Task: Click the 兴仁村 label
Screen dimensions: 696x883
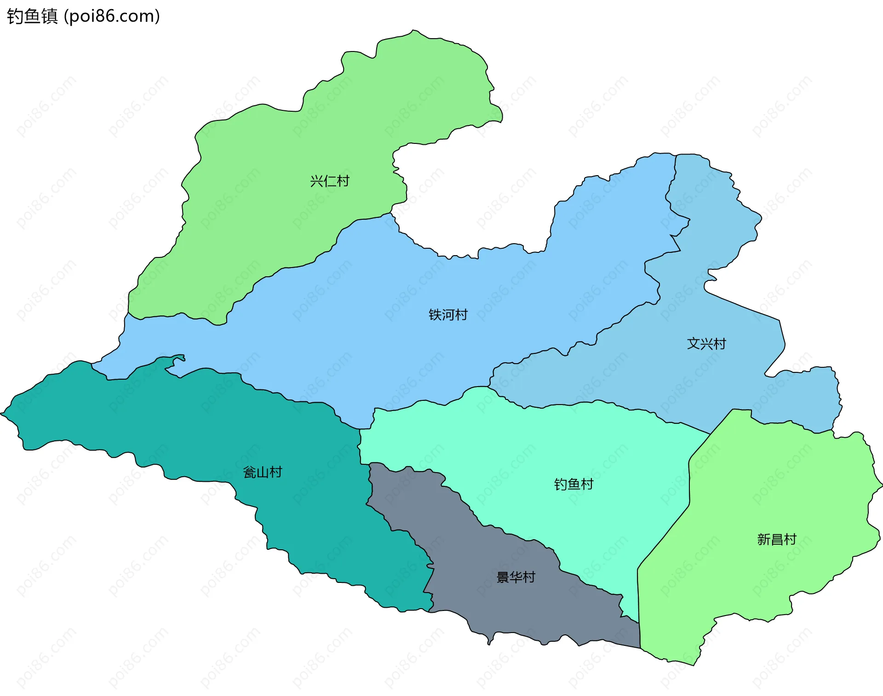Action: tap(329, 181)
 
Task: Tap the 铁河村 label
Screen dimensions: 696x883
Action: tap(448, 315)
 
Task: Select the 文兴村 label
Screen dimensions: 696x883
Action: tap(706, 344)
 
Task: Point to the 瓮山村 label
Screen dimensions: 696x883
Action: tap(262, 472)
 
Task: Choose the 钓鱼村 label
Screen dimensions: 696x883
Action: tap(573, 484)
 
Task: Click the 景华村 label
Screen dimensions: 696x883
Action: tap(516, 577)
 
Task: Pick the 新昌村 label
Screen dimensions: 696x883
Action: tap(777, 539)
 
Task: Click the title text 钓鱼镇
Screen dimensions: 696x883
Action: tap(32, 17)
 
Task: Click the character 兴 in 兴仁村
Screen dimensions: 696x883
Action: tap(316, 181)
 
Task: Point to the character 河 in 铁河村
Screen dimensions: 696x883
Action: tap(448, 315)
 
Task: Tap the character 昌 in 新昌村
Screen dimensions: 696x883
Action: tap(777, 539)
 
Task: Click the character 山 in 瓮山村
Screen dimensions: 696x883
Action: tap(262, 472)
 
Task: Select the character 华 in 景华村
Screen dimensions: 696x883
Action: tap(516, 577)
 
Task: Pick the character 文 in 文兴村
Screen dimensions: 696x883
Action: tap(693, 344)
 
